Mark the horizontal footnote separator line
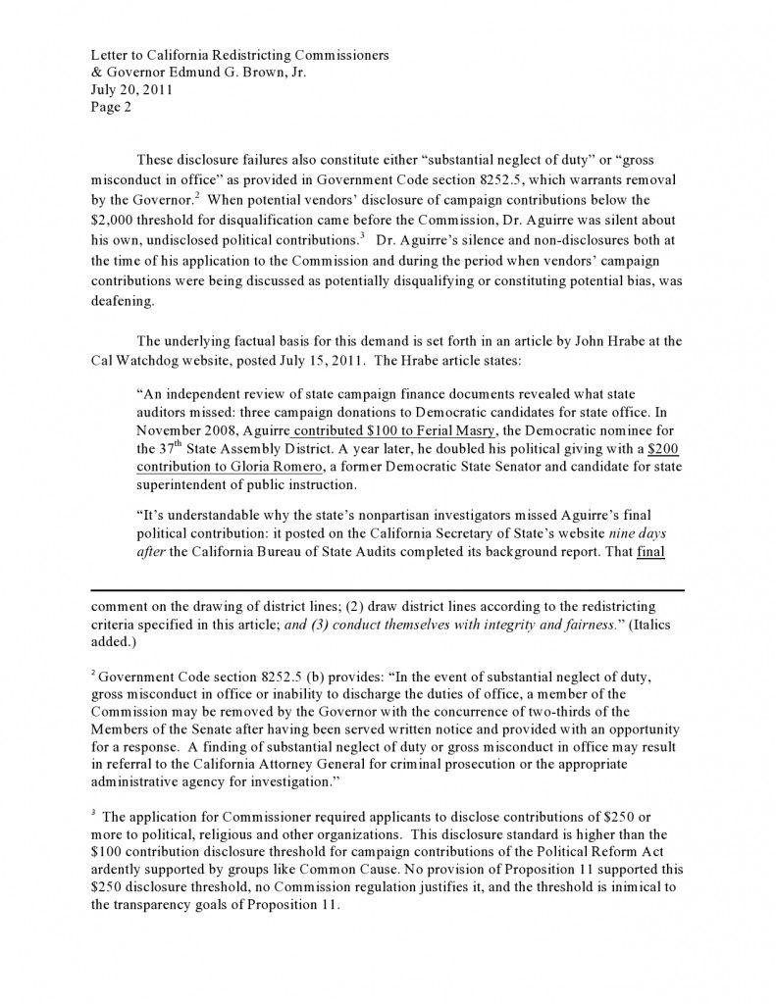click(388, 590)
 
